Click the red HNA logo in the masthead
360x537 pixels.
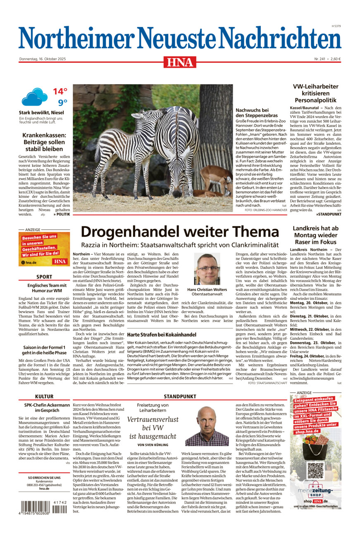[180, 62]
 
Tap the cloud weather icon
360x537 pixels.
[34, 97]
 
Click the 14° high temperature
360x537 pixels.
[60, 91]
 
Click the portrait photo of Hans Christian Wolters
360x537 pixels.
[207, 269]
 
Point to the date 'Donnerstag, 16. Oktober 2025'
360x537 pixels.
[43, 59]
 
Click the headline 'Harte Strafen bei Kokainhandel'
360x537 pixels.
[162, 334]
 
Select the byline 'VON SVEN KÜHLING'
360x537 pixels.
[153, 444]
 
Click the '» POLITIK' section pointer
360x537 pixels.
[62, 215]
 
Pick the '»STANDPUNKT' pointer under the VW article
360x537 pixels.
[329, 214]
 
